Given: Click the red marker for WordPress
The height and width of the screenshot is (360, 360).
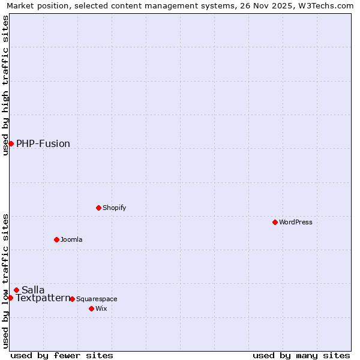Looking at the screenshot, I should click(275, 222).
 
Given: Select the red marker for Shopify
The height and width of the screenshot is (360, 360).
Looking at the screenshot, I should click(98, 208).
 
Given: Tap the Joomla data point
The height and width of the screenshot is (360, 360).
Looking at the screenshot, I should click(56, 239).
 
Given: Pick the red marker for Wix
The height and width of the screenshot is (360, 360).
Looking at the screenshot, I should click(91, 308).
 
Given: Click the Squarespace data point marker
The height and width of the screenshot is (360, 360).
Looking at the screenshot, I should click(72, 299).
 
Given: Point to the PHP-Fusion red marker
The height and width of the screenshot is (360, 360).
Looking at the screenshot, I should click(11, 143).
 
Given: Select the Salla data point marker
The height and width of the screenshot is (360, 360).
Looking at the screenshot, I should click(16, 290).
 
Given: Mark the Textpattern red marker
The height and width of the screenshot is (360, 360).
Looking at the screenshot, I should click(10, 298).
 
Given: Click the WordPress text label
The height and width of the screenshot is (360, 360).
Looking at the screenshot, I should click(296, 222).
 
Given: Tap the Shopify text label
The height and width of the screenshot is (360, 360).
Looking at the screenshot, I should click(115, 208).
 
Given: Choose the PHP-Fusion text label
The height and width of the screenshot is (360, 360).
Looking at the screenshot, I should click(43, 143).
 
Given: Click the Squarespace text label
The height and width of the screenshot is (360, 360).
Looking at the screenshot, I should click(97, 299).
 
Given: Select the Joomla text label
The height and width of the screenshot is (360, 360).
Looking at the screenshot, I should click(71, 239).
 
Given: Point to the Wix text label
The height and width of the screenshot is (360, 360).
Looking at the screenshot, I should click(101, 308).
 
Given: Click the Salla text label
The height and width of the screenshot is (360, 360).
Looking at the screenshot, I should click(33, 290).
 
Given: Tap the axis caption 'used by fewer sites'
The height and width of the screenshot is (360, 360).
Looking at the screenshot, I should click(62, 355).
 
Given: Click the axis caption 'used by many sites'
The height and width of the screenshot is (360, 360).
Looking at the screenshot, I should click(301, 355).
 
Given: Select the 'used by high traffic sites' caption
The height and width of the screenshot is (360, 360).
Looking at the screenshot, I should click(5, 85).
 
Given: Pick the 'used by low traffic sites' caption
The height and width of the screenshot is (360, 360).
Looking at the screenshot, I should click(5, 280).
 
